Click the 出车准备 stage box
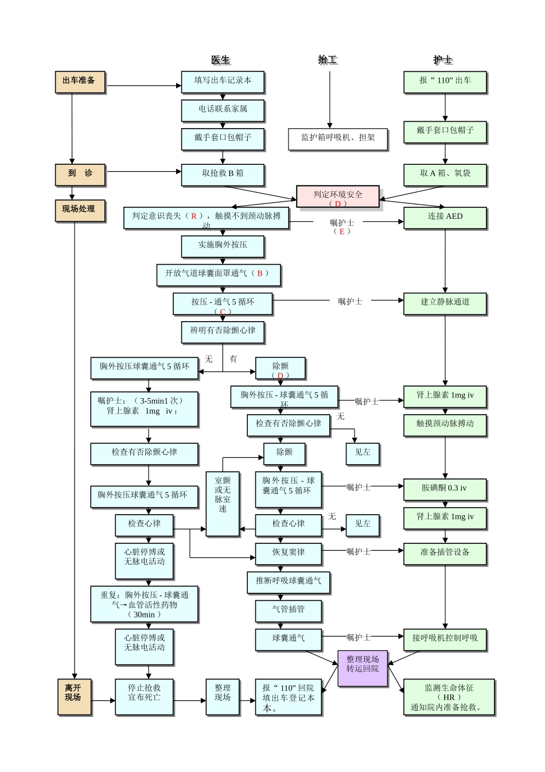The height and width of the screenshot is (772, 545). (x=80, y=82)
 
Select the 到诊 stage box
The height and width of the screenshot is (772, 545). (x=80, y=174)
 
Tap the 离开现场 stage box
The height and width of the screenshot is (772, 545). (x=74, y=697)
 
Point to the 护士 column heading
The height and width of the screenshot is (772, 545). (x=442, y=60)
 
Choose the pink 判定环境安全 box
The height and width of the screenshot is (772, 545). (x=338, y=196)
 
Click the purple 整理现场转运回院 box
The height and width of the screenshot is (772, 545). (x=363, y=667)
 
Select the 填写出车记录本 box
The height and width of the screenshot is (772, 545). (x=223, y=82)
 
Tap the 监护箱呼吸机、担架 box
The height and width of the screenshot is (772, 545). (x=338, y=138)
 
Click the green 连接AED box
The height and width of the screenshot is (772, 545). (x=445, y=218)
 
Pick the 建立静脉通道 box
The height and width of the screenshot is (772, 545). (x=445, y=303)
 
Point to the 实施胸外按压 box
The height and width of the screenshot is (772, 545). (x=223, y=246)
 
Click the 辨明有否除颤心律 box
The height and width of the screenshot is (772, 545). (x=223, y=331)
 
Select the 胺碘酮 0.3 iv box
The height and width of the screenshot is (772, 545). (x=445, y=489)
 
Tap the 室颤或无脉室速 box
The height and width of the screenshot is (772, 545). (x=223, y=503)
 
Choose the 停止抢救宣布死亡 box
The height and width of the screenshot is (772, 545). (x=144, y=697)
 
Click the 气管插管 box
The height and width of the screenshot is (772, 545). (x=288, y=610)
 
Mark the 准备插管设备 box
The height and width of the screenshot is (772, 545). (x=445, y=553)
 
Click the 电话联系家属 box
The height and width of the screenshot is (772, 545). (x=223, y=110)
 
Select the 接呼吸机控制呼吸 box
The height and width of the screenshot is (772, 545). (x=445, y=639)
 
